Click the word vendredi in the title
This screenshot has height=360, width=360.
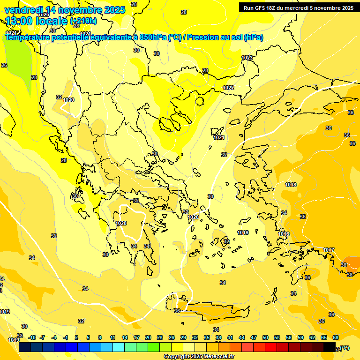[23, 10]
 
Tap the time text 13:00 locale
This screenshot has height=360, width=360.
[37, 21]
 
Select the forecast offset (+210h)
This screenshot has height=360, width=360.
[83, 21]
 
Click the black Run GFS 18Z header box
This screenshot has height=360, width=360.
[299, 7]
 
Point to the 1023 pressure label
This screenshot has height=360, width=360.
[247, 58]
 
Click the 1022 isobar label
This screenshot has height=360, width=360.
[228, 88]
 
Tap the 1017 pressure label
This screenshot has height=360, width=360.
[329, 250]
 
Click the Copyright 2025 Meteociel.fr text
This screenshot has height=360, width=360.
[199, 357]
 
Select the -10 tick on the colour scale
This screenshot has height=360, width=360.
[32, 337]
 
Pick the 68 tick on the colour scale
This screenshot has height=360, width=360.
[336, 337]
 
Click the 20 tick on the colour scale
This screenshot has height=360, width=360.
[148, 337]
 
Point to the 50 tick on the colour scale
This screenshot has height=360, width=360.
[265, 337]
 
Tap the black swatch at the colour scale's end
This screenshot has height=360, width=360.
[330, 347]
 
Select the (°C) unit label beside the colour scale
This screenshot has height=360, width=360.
[344, 348]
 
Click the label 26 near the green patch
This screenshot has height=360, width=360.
[4, 65]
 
